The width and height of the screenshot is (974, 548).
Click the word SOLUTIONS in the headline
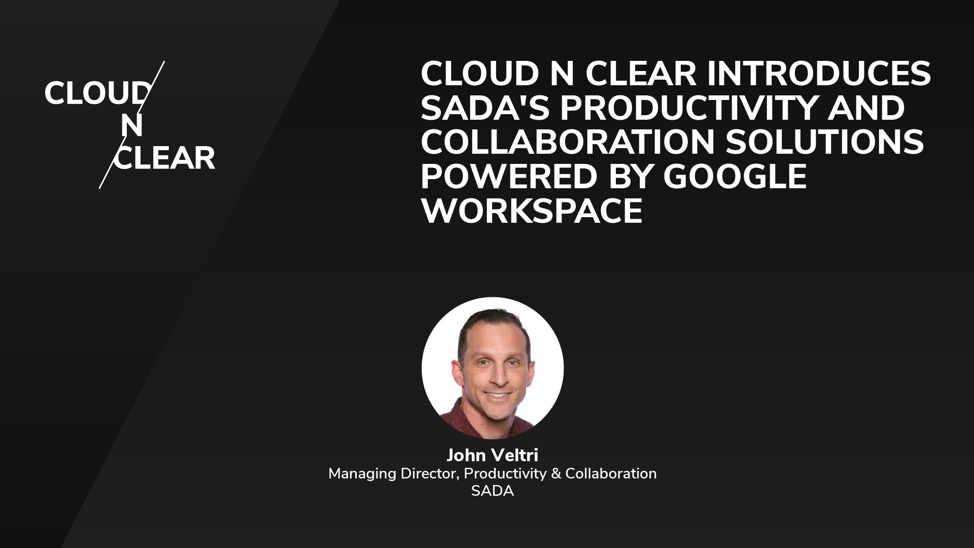pyautogui.click(x=825, y=143)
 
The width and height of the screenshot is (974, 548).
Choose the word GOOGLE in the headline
pyautogui.click(x=735, y=177)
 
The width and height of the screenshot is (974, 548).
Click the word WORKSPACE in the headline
pyautogui.click(x=532, y=211)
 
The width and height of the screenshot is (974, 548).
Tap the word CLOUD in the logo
pyautogui.click(x=96, y=94)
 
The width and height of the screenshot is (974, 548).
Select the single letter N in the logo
pyautogui.click(x=131, y=126)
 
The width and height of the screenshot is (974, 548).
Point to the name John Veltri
pyautogui.click(x=492, y=455)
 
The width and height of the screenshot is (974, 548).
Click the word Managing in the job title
pyautogui.click(x=362, y=474)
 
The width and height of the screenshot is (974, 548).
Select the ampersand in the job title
pyautogui.click(x=555, y=474)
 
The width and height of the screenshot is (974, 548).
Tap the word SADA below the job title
pyautogui.click(x=492, y=491)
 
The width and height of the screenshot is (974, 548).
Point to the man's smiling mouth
pyautogui.click(x=497, y=395)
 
